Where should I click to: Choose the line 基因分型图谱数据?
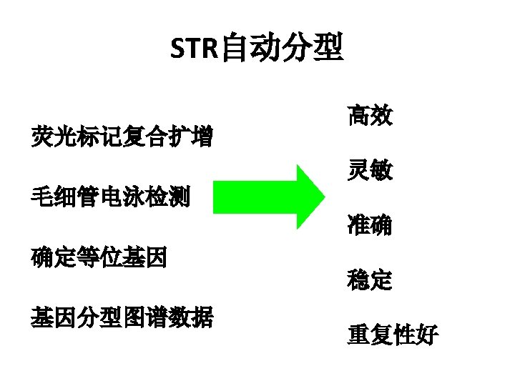click(122, 316)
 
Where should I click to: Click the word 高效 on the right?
click(370, 116)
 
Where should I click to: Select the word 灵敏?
click(370, 170)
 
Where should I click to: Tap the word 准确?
click(370, 225)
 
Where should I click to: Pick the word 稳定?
click(370, 279)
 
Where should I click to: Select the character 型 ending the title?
click(328, 48)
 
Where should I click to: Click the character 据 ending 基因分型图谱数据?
click(202, 316)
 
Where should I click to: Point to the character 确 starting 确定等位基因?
click(41, 256)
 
